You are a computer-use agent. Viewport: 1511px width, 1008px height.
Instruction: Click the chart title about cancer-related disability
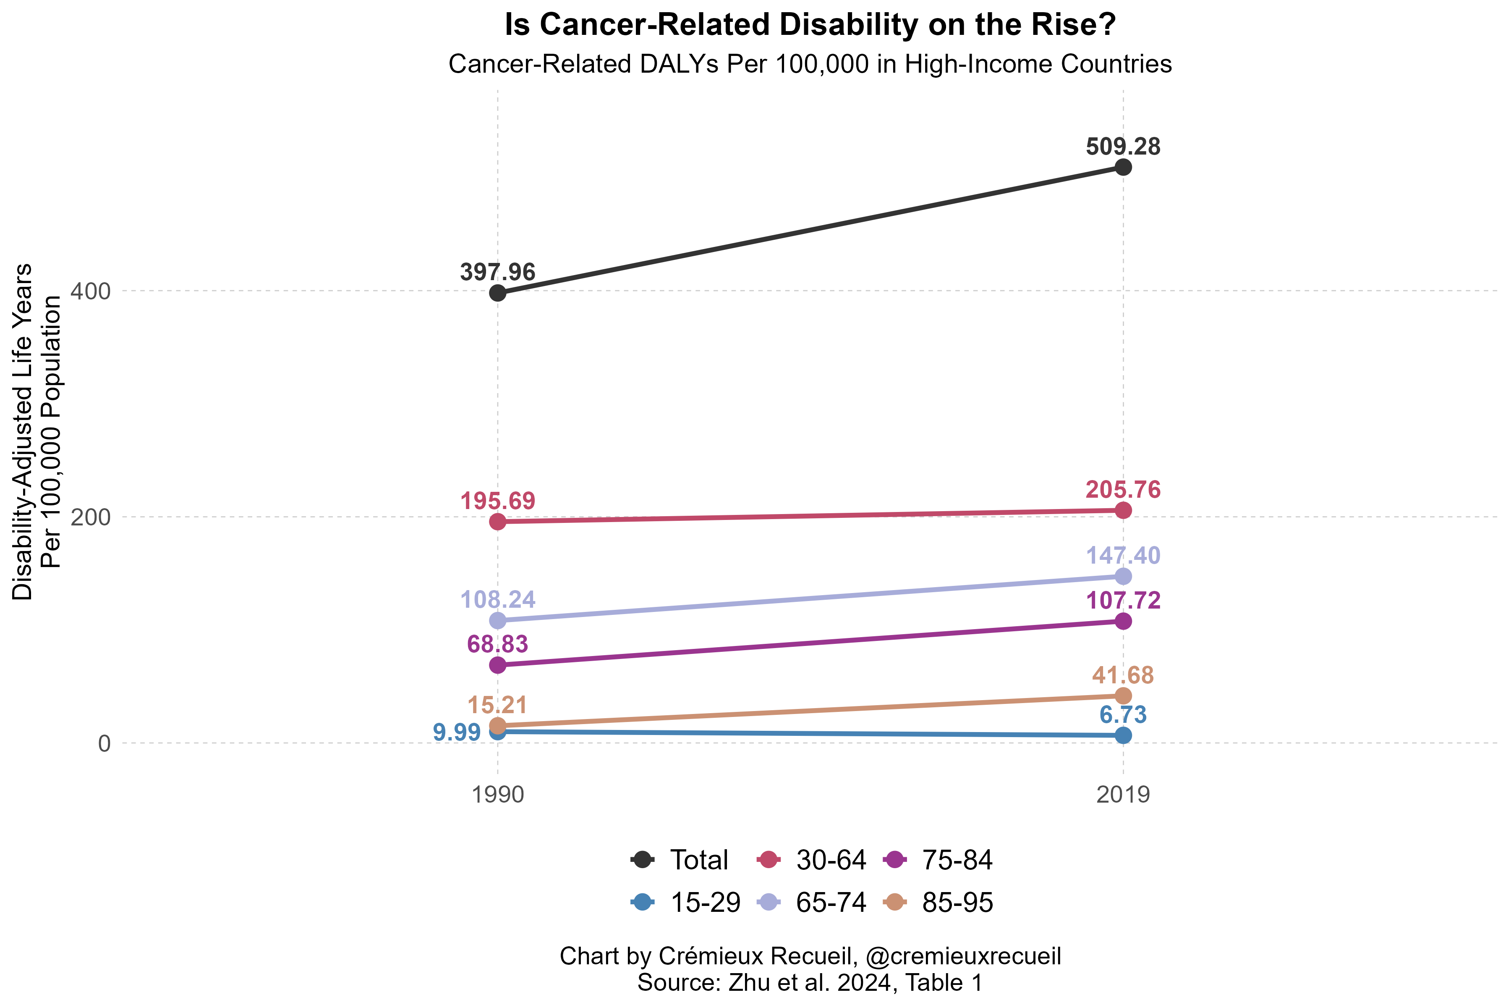(x=810, y=26)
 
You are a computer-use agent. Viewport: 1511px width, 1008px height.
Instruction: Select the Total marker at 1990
(x=497, y=293)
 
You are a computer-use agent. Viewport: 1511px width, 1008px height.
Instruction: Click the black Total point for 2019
(x=1123, y=168)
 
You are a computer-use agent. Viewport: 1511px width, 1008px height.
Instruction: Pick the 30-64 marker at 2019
(x=1123, y=510)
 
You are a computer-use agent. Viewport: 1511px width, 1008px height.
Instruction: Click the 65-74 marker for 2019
(x=1123, y=576)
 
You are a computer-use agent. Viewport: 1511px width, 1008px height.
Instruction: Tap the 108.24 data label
(x=497, y=600)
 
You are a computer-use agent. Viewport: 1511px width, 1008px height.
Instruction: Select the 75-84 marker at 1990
(x=497, y=665)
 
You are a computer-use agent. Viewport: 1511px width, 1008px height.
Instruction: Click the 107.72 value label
(x=1123, y=601)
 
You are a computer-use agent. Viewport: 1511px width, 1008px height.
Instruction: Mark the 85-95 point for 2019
(x=1123, y=696)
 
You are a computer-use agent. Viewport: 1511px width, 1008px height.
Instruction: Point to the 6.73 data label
(x=1123, y=715)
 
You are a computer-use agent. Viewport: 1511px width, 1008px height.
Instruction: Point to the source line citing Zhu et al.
(x=810, y=983)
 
